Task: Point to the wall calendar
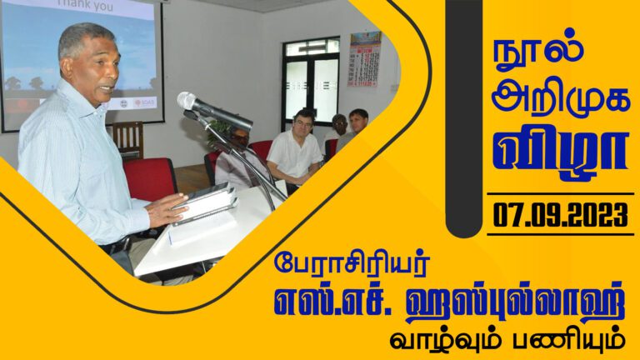365,60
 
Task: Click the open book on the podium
205,202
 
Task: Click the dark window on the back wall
310,79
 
